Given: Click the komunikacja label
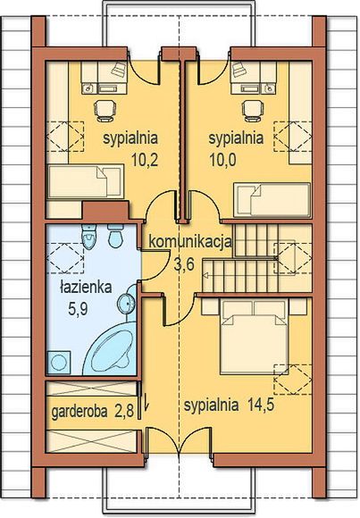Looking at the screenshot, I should tap(190, 242).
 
